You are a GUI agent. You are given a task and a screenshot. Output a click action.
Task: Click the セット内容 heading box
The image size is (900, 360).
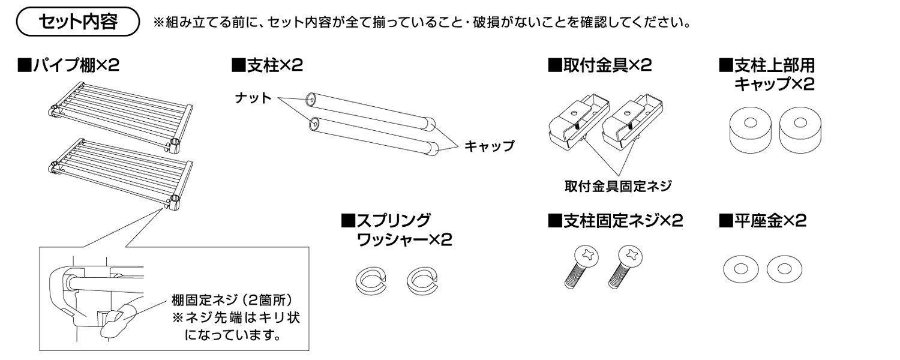click(x=79, y=25)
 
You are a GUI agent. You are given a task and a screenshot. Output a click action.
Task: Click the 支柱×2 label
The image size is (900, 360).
click(x=266, y=65)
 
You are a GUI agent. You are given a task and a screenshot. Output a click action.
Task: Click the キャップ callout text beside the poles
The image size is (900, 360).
click(x=489, y=146)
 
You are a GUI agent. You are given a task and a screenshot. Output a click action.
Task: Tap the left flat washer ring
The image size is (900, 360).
click(x=739, y=269)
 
